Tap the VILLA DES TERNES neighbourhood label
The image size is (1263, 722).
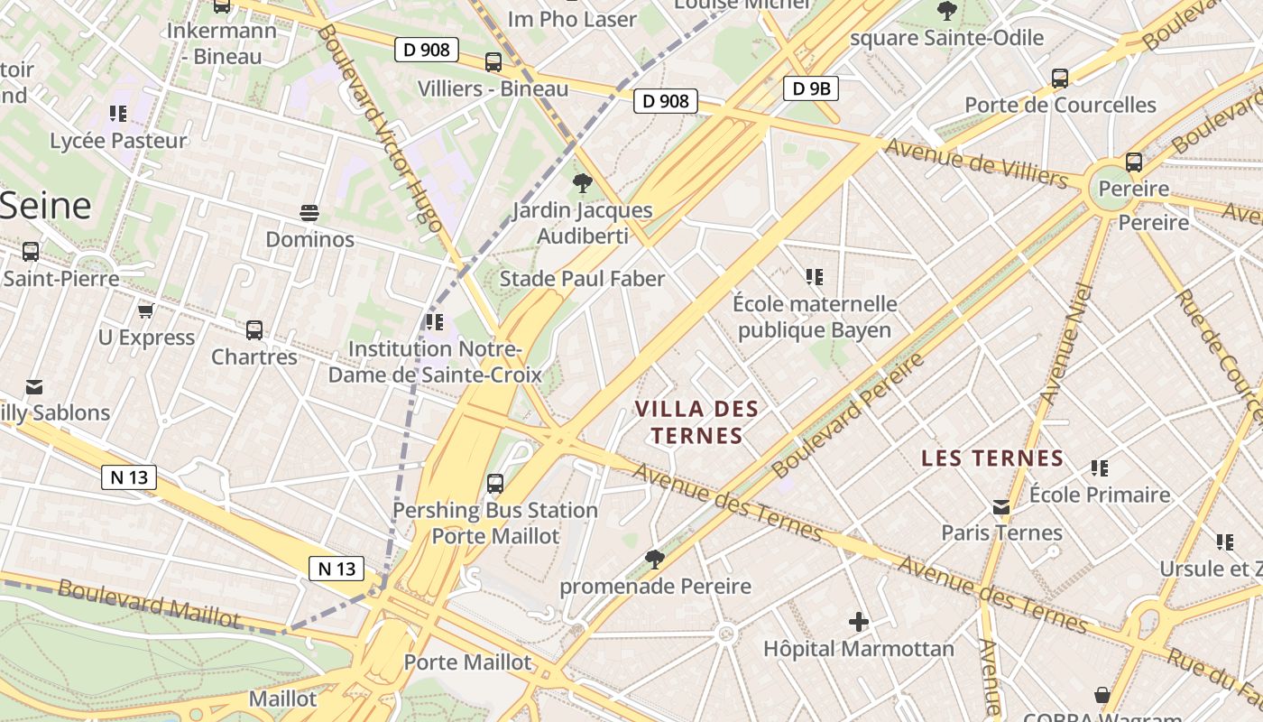696,422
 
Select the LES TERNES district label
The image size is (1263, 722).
992,458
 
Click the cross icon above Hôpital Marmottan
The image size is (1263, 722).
858,622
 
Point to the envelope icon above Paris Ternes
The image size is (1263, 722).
1001,507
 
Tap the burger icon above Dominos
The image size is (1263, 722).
309,213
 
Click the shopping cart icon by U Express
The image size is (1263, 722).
145,311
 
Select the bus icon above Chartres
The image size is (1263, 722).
254,330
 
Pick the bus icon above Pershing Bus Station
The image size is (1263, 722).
494,484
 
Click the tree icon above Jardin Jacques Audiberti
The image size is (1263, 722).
582,183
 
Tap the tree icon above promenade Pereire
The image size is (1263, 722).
655,560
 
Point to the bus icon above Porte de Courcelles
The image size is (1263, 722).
1060,79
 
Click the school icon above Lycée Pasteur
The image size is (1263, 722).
118,114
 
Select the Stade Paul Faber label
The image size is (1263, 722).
582,279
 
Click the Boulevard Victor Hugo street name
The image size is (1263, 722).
379,126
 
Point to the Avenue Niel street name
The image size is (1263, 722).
1065,343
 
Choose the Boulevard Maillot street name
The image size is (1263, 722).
149,603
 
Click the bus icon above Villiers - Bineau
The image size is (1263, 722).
493,62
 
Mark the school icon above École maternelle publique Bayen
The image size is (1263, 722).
815,277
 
